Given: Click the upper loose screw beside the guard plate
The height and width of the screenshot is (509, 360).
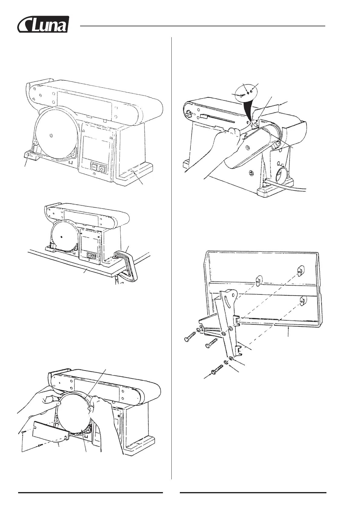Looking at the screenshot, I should click(23, 433).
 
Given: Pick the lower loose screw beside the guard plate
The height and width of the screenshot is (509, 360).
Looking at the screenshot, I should click(40, 445).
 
